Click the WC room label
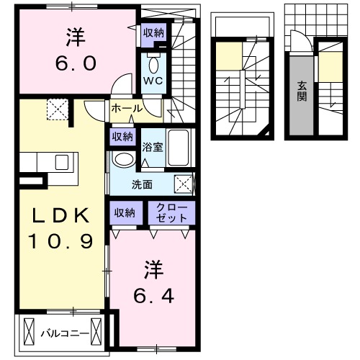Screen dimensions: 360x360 pyautogui.click(x=153, y=80)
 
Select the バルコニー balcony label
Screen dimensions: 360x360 pyautogui.click(x=64, y=333)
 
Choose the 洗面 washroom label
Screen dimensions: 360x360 pyautogui.click(x=141, y=184)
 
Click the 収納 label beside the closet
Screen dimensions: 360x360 pyautogui.click(x=124, y=212)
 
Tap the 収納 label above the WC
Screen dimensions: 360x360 pyautogui.click(x=153, y=32)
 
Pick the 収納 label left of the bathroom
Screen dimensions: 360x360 pyautogui.click(x=121, y=136)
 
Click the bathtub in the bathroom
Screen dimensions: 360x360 pyautogui.click(x=178, y=149)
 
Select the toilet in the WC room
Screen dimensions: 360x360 pyautogui.click(x=153, y=60)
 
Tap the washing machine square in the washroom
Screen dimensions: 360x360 pyautogui.click(x=184, y=184)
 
